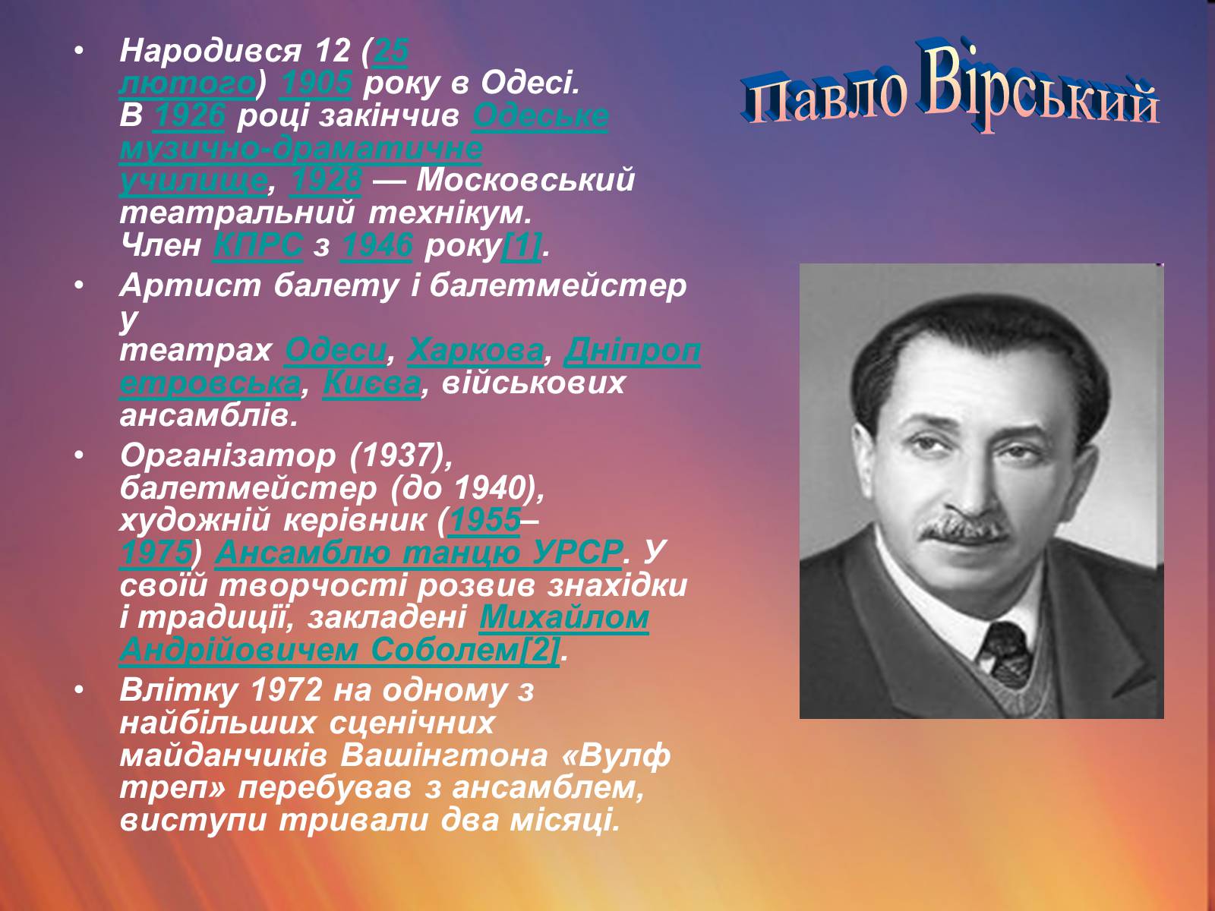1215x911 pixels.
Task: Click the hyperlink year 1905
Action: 316,83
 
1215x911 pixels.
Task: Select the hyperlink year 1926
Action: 189,115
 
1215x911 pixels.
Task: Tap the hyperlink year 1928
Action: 326,180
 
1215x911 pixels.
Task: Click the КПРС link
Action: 258,244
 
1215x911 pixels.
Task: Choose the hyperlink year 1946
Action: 377,244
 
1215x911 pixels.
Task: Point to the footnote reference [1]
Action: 521,245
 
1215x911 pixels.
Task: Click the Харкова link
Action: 476,350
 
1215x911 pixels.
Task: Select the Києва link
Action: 372,383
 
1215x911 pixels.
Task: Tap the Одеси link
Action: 336,350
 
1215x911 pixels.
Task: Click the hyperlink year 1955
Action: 485,521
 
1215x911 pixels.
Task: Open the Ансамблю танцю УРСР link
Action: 418,553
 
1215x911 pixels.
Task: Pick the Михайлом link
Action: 564,617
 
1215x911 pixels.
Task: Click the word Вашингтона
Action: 444,755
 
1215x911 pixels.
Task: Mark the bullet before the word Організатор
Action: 79,455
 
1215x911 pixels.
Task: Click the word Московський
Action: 525,181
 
